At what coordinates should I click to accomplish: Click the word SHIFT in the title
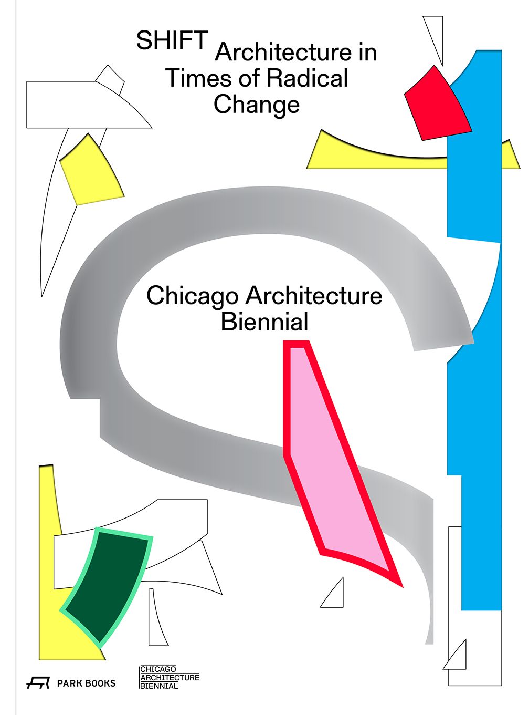click(x=172, y=40)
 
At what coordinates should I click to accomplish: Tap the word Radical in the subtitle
click(x=308, y=78)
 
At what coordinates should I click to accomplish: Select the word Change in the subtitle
click(x=257, y=105)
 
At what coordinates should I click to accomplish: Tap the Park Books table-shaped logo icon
click(x=38, y=683)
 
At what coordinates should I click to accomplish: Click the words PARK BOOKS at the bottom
click(x=86, y=683)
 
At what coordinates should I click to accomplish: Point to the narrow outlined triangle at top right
click(x=433, y=40)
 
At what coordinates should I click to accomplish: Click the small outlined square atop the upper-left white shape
click(x=110, y=80)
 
